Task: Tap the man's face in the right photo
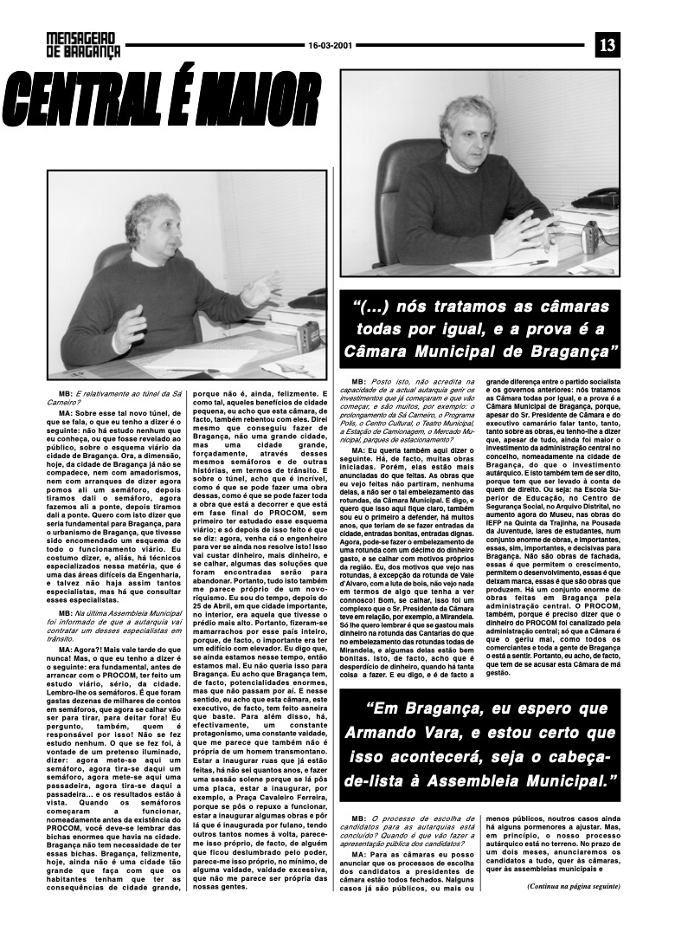point(477,129)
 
